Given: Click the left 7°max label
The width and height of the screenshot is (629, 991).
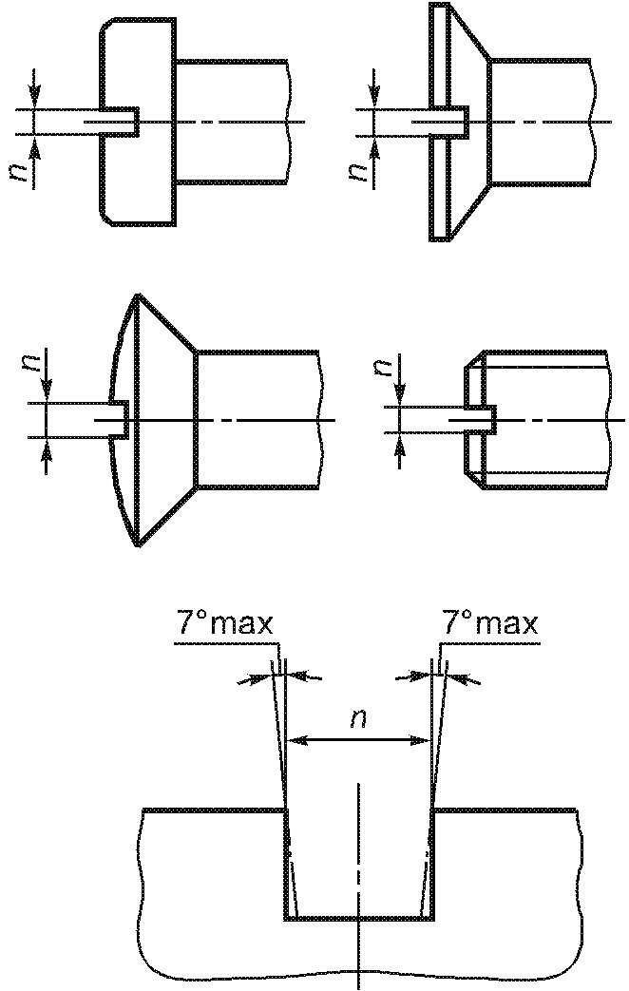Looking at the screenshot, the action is click(224, 624).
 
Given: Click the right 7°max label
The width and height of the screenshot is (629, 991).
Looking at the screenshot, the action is click(490, 624).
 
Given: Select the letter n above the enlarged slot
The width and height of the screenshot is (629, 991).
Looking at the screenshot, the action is click(359, 718).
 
